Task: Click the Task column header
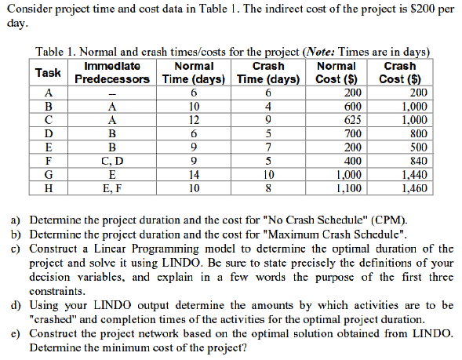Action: pos(49,72)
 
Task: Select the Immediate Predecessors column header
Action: pos(111,72)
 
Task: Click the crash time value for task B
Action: pos(269,107)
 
